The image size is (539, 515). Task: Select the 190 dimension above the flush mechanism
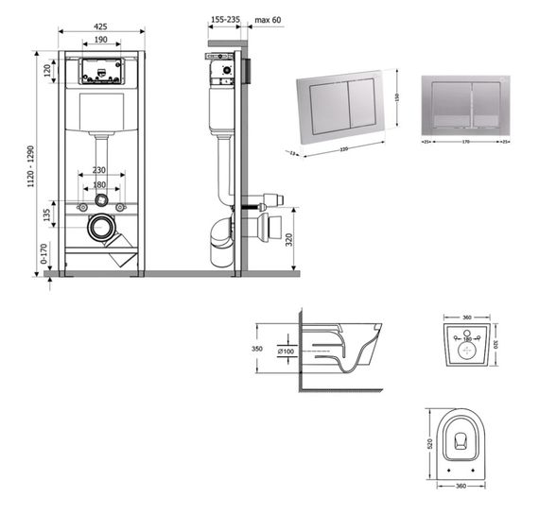[x=99, y=42]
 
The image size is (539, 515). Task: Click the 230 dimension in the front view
[x=101, y=171]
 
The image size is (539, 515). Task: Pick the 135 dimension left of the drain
[x=46, y=215]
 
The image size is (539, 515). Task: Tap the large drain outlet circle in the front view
[x=101, y=228]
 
